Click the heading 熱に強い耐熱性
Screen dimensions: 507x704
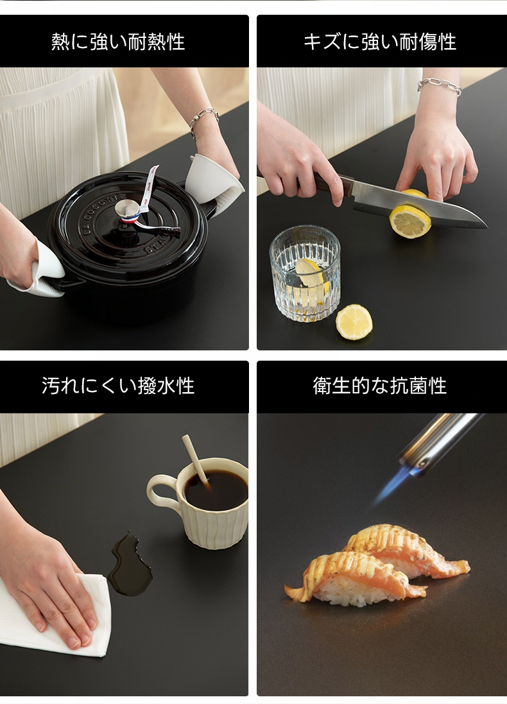118,42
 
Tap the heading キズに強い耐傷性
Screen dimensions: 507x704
380,42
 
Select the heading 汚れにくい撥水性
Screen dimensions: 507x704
118,386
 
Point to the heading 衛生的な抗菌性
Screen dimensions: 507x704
380,386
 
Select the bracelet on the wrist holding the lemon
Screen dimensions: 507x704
440,86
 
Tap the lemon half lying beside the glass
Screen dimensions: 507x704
354,322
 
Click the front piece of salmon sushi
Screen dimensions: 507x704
351,578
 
